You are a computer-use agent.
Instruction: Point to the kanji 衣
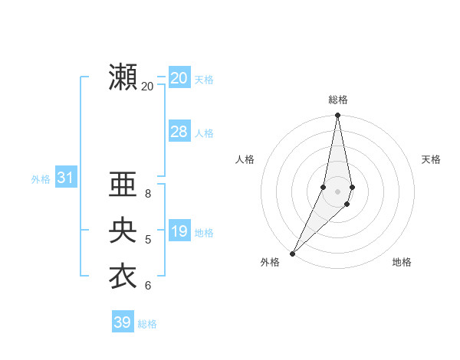[123, 277]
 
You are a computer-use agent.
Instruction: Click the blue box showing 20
[179, 78]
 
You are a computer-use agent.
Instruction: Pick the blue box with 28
[179, 132]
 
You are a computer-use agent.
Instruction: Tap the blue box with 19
[179, 231]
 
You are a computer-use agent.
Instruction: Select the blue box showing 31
[65, 178]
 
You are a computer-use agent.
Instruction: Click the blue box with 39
[122, 322]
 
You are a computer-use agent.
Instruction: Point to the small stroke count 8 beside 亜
[148, 193]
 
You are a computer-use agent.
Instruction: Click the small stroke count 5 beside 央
[148, 240]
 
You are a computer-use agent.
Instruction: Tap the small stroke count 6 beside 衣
[148, 286]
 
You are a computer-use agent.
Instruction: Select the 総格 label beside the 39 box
[147, 324]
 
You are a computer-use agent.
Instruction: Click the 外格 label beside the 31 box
[41, 179]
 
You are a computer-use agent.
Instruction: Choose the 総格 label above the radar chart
[338, 100]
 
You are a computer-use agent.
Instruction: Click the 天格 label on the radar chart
[432, 159]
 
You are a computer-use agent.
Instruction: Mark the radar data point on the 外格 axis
[292, 253]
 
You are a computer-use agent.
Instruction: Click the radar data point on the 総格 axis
[337, 116]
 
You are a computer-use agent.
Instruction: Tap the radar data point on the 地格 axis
[347, 204]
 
